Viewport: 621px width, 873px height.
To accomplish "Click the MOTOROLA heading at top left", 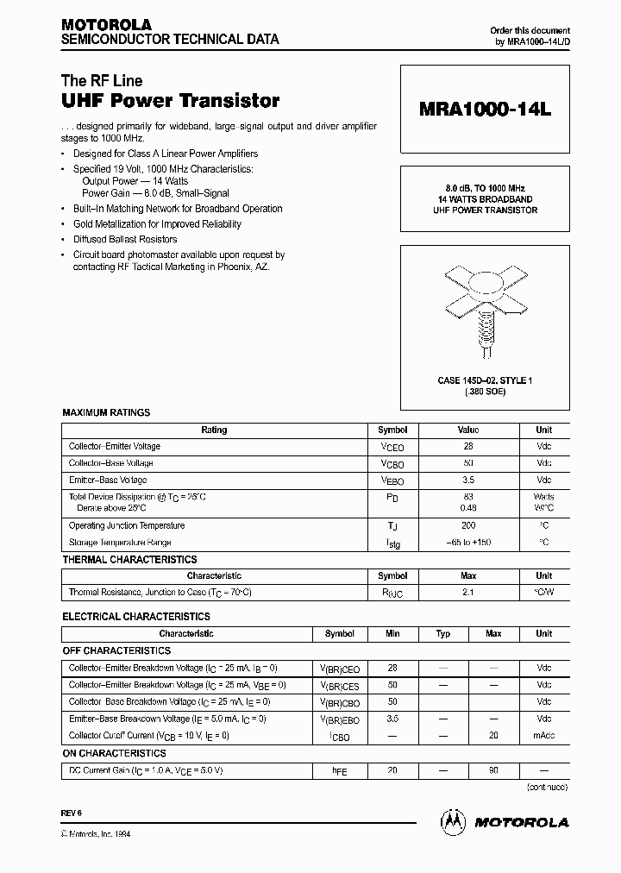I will (x=105, y=25).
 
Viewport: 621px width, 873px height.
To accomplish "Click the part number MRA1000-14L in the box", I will (x=484, y=110).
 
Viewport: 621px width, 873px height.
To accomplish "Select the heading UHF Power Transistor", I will (x=170, y=101).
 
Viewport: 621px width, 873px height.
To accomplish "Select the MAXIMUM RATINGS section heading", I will (x=106, y=413).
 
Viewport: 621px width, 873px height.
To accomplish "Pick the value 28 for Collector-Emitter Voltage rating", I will (x=468, y=447).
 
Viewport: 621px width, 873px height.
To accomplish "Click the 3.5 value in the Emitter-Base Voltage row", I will (x=468, y=480).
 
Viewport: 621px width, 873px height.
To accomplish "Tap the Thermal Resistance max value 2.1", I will (x=468, y=593).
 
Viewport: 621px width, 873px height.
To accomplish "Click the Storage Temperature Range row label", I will (x=120, y=543).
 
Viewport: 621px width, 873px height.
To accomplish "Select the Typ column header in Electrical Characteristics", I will (x=442, y=633).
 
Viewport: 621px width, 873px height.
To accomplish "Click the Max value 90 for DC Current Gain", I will (x=493, y=770).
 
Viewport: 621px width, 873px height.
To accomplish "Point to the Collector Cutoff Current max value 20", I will (x=493, y=736).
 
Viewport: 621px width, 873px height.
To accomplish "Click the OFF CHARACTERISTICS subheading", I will (x=116, y=651).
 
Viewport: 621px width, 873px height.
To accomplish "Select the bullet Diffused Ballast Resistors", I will (x=125, y=240).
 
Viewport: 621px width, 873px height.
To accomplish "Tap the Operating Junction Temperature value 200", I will (x=468, y=525).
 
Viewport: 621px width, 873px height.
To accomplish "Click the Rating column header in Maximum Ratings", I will (x=214, y=430).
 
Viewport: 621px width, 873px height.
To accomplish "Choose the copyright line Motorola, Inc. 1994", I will (x=97, y=833).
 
